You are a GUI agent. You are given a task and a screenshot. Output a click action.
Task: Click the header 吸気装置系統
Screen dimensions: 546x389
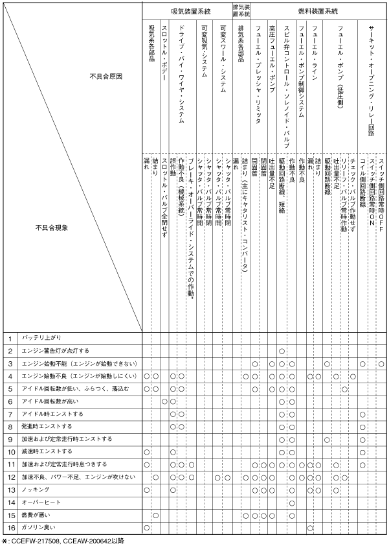click(190, 11)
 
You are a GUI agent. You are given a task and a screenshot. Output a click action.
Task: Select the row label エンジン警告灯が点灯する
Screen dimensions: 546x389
click(56, 351)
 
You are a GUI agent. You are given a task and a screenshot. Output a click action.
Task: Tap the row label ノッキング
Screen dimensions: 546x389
click(34, 490)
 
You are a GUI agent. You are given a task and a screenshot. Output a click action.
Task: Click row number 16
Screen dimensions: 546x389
click(11, 528)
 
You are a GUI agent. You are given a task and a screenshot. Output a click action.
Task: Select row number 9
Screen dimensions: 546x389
click(11, 439)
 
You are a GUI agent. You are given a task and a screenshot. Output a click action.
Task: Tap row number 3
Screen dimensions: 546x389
click(11, 363)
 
